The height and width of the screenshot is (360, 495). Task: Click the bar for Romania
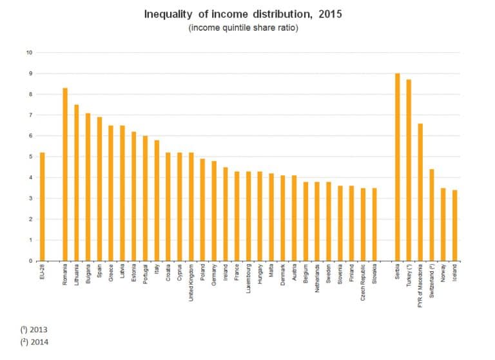(65, 174)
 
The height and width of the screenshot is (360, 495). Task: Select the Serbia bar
(398, 167)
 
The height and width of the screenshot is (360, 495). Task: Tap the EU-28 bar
(43, 206)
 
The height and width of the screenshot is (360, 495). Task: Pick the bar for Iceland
(455, 225)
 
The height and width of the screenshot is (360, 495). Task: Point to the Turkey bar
(409, 170)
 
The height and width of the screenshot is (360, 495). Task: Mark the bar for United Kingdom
(191, 206)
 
